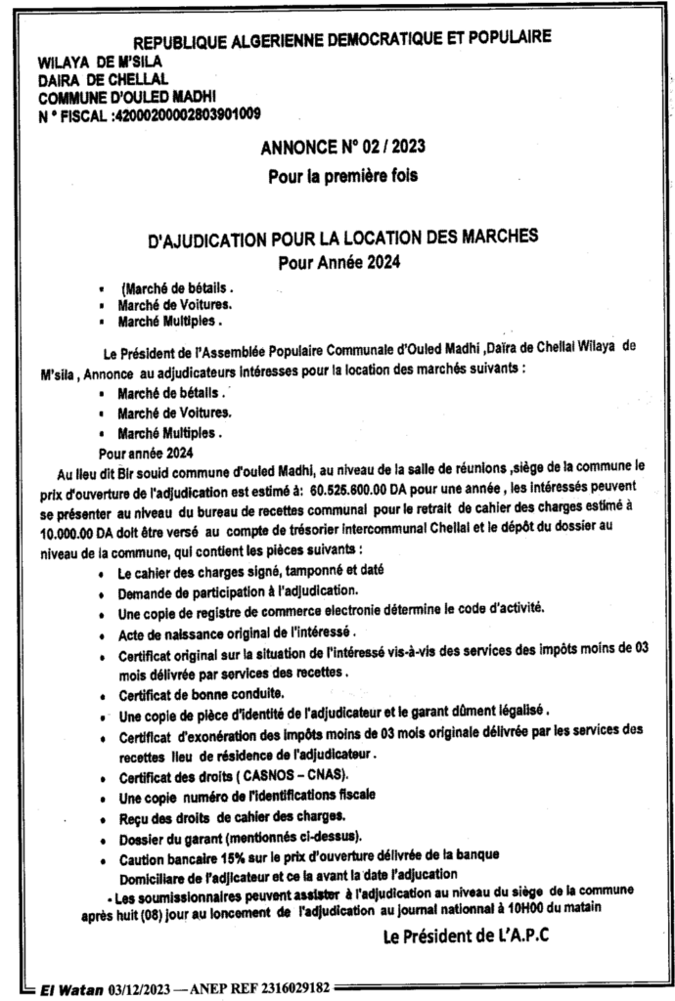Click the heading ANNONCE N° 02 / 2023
pyautogui.click(x=342, y=149)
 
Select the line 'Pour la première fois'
pyautogui.click(x=342, y=178)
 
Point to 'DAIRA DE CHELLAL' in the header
pyautogui.click(x=103, y=79)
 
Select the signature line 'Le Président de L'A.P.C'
pyautogui.click(x=465, y=936)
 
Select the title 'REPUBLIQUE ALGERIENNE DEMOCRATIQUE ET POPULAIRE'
pyautogui.click(x=341, y=40)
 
